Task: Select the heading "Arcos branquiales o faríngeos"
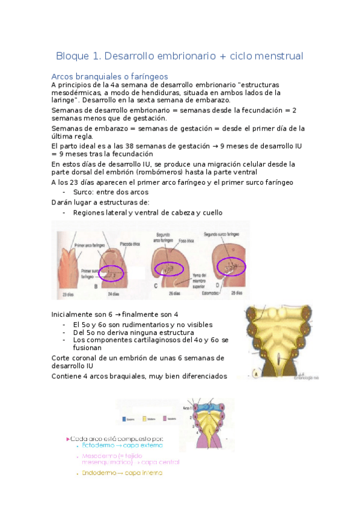pyautogui.click(x=109, y=76)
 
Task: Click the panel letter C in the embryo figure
pyautogui.click(x=156, y=286)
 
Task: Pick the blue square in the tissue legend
pyautogui.click(x=124, y=419)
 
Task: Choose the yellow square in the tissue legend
pyautogui.click(x=144, y=419)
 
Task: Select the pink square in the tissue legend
pyautogui.click(x=165, y=419)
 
